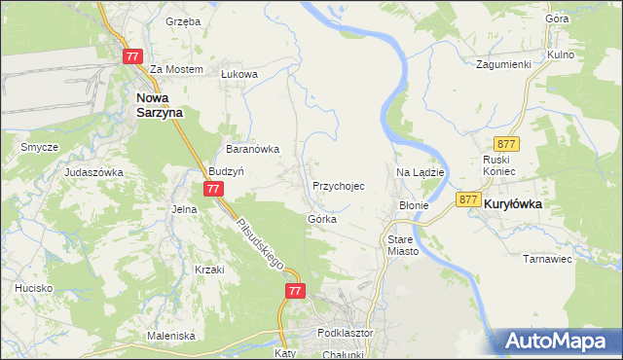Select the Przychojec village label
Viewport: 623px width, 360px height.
click(x=339, y=185)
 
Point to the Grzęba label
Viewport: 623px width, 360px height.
click(x=182, y=20)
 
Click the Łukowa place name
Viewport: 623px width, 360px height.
click(x=238, y=73)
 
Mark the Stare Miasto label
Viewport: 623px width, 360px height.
click(x=402, y=244)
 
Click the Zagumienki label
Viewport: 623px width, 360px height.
click(x=502, y=65)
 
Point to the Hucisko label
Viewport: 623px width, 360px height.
click(x=33, y=288)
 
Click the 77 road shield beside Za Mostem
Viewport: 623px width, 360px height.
click(x=133, y=57)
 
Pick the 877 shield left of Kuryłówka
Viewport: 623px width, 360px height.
click(x=468, y=199)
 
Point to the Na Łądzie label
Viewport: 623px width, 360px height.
click(x=421, y=172)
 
